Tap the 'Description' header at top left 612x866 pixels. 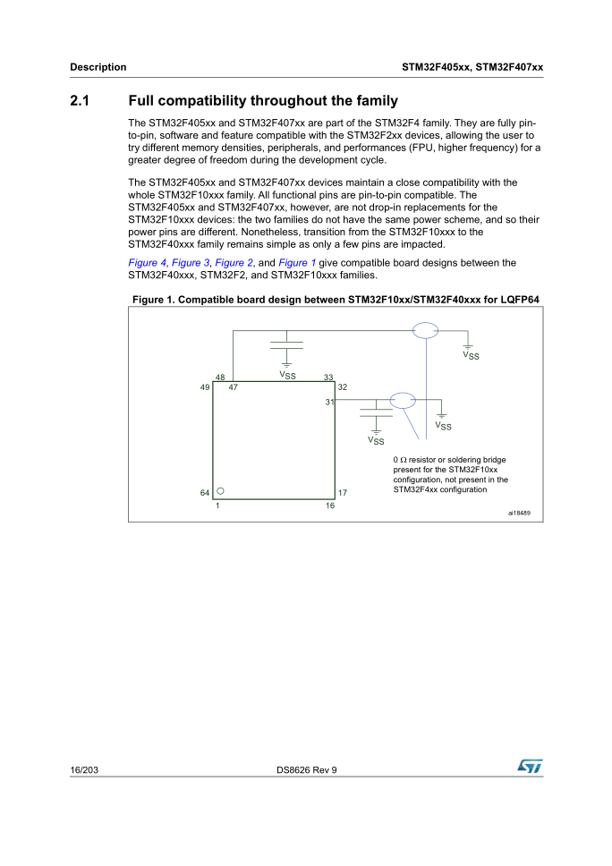tap(98, 67)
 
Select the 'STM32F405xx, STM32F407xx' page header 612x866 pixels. tap(473, 67)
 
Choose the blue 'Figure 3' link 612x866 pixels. tap(191, 263)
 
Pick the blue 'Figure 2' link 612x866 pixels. tap(234, 263)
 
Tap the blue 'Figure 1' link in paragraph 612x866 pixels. tap(297, 263)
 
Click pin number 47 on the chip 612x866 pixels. tap(234, 387)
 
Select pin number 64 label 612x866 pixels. tap(205, 493)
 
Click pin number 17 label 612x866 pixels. tap(343, 493)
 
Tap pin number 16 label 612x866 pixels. tap(329, 505)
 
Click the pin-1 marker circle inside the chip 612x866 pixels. tap(220, 491)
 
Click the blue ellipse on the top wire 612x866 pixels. tap(426, 331)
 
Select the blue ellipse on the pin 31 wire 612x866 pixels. tap(404, 400)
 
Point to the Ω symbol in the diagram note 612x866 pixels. tap(403, 459)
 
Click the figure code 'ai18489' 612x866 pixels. tap(519, 514)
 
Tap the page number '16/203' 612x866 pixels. tap(83, 770)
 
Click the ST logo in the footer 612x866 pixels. tap(530, 767)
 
